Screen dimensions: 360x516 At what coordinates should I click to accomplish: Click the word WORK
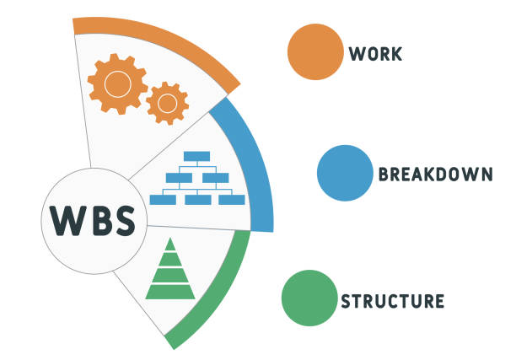pyautogui.click(x=376, y=53)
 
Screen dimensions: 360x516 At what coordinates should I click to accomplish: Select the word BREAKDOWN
pyautogui.click(x=435, y=175)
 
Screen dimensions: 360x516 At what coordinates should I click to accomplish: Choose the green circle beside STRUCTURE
pyautogui.click(x=309, y=298)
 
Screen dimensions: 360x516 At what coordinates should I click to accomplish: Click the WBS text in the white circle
pyautogui.click(x=92, y=221)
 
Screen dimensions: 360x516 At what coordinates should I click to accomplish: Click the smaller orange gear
pyautogui.click(x=167, y=103)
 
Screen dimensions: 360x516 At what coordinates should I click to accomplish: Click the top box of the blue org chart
pyautogui.click(x=197, y=156)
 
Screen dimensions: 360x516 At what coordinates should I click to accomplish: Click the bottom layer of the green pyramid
pyautogui.click(x=170, y=293)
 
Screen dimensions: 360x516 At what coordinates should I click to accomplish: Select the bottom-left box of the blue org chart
pyautogui.click(x=162, y=200)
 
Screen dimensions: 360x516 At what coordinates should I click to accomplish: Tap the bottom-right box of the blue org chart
pyautogui.click(x=232, y=200)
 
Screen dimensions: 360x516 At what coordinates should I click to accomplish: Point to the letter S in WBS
pyautogui.click(x=122, y=221)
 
